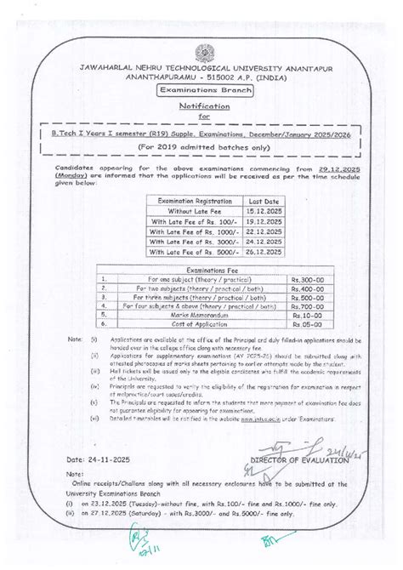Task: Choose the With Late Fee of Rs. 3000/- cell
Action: pos(184,242)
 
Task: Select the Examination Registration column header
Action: pos(184,199)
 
